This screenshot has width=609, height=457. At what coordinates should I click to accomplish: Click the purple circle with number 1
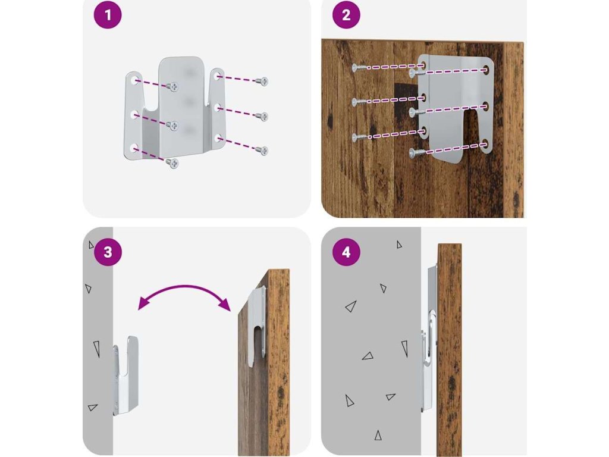(x=108, y=15)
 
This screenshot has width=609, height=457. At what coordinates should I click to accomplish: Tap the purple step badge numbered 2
(x=346, y=15)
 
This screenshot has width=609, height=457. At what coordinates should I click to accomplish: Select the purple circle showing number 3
(x=108, y=252)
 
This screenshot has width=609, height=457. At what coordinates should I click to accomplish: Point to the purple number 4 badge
(x=346, y=252)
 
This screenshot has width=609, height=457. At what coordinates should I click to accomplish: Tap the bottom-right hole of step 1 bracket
(x=219, y=137)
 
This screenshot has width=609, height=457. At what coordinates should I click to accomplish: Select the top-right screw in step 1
(x=262, y=81)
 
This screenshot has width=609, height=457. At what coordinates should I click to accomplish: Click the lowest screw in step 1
(x=172, y=163)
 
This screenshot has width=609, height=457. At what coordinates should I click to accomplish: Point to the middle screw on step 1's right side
(x=262, y=116)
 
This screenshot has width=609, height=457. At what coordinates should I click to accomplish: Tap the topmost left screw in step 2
(x=359, y=68)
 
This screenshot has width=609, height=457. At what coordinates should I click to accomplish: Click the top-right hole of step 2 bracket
(x=485, y=70)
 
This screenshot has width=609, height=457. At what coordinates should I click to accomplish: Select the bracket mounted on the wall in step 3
(x=126, y=375)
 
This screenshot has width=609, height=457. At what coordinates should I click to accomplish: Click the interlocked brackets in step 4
(x=430, y=339)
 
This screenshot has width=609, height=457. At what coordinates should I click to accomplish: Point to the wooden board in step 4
(x=450, y=350)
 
